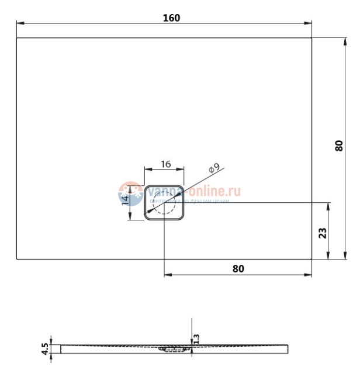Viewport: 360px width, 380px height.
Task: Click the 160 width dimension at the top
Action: [x=171, y=18]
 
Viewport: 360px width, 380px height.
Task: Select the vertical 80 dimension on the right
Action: [x=340, y=146]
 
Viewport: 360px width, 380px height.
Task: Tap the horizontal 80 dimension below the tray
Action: [x=238, y=268]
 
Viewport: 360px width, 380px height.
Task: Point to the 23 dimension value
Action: [x=322, y=233]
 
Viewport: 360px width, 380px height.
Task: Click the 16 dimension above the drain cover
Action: [x=165, y=164]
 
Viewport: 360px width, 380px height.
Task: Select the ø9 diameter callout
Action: [x=214, y=168]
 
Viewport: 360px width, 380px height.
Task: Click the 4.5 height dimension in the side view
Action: [x=44, y=348]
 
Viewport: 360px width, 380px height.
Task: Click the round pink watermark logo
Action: [x=129, y=193]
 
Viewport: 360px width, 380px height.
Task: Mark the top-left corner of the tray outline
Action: [x=17, y=38]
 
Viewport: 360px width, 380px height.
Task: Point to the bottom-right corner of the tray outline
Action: [x=311, y=259]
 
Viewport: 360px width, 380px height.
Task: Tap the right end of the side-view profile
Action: [x=287, y=349]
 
